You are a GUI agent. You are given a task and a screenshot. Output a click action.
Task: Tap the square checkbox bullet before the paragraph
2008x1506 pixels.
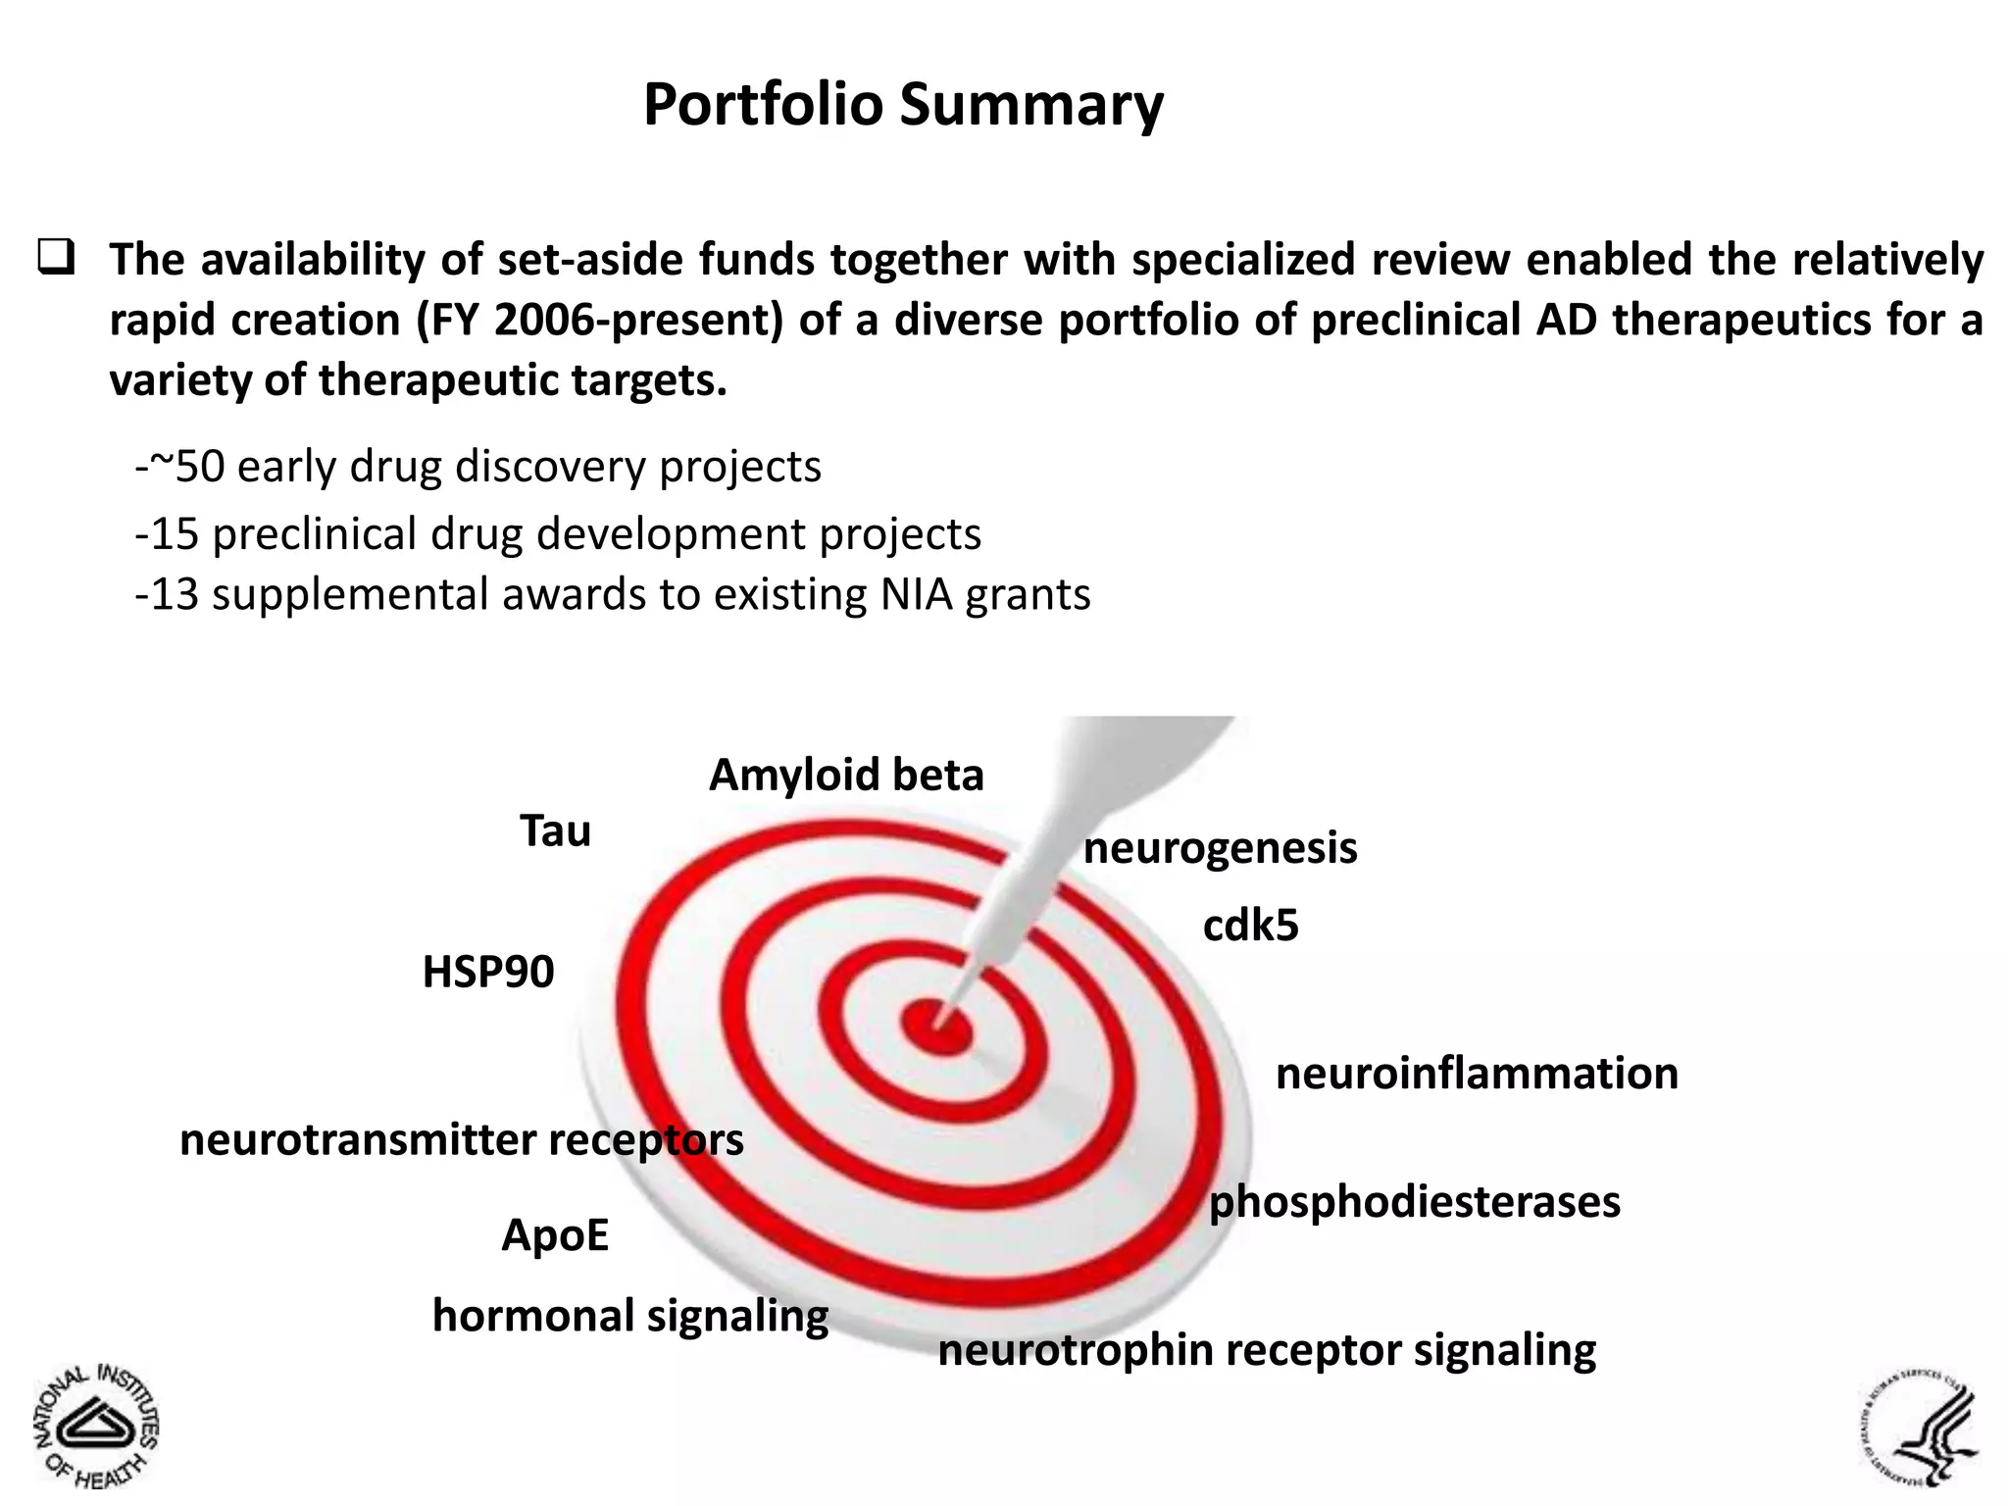tap(57, 258)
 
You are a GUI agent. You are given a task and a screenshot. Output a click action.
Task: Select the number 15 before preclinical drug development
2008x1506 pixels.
tap(175, 534)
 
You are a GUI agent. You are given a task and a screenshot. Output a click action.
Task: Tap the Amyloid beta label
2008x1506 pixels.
tap(846, 775)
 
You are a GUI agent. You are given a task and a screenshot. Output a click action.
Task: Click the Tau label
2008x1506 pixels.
tap(555, 831)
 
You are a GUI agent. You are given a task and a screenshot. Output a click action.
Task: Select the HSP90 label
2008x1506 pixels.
tap(488, 972)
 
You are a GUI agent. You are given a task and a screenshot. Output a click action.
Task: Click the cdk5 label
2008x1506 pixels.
tap(1250, 926)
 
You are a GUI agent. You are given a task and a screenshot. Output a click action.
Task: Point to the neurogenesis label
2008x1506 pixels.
tap(1220, 848)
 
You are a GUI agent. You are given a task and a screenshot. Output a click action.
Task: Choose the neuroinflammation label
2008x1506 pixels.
tap(1477, 1074)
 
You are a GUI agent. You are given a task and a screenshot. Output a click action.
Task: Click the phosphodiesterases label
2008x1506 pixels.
tap(1414, 1202)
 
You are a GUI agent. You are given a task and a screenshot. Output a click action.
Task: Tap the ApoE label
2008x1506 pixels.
tap(555, 1234)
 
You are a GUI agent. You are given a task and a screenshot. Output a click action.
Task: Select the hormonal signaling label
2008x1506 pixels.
tap(630, 1316)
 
